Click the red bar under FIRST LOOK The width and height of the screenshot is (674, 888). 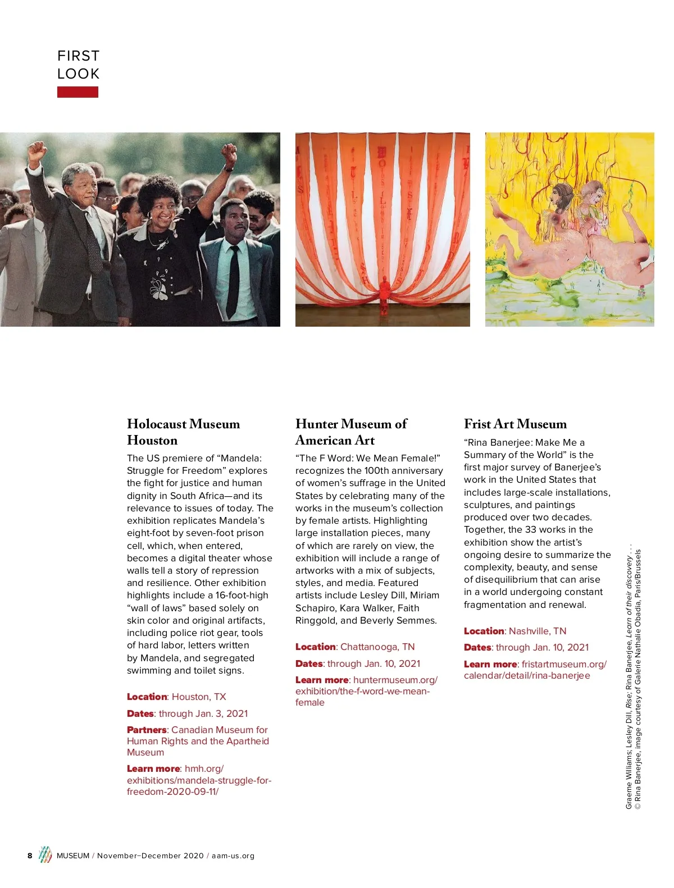78,92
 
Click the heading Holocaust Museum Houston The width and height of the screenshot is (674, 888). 183,432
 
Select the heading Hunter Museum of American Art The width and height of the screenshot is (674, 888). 351,432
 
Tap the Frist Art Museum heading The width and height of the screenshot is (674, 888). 515,424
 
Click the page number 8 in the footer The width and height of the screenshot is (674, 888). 30,855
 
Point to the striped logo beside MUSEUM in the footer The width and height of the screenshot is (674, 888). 45,855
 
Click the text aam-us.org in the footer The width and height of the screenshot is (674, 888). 233,855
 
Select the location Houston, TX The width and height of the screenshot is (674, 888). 199,697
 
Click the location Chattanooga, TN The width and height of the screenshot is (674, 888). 377,647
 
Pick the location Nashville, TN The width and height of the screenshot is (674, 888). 538,631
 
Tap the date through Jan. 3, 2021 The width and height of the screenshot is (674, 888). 203,713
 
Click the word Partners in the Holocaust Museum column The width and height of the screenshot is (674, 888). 147,730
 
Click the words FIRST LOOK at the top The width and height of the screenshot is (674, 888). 79,65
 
